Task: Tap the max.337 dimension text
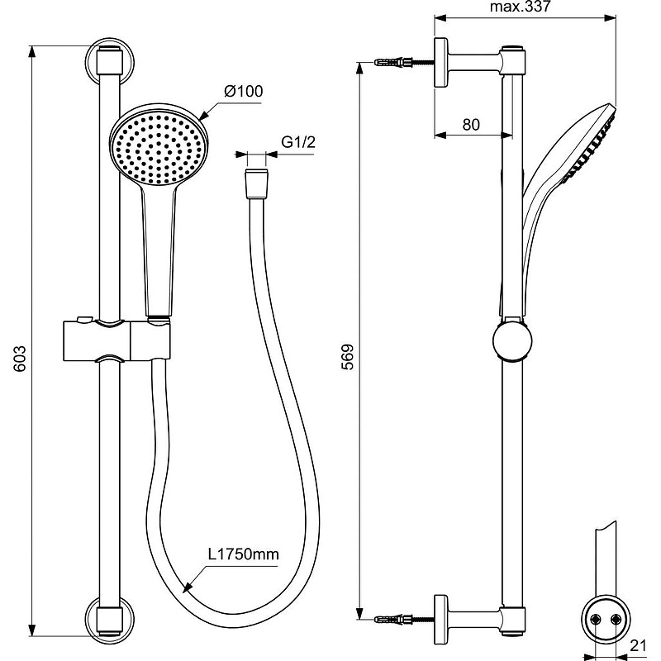pos(520,7)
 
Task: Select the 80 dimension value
pos(471,125)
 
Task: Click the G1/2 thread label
pos(298,142)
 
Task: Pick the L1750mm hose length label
pos(243,554)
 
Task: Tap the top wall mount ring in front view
pos(108,59)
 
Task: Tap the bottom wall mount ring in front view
pos(108,617)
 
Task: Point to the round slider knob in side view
pos(512,341)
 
